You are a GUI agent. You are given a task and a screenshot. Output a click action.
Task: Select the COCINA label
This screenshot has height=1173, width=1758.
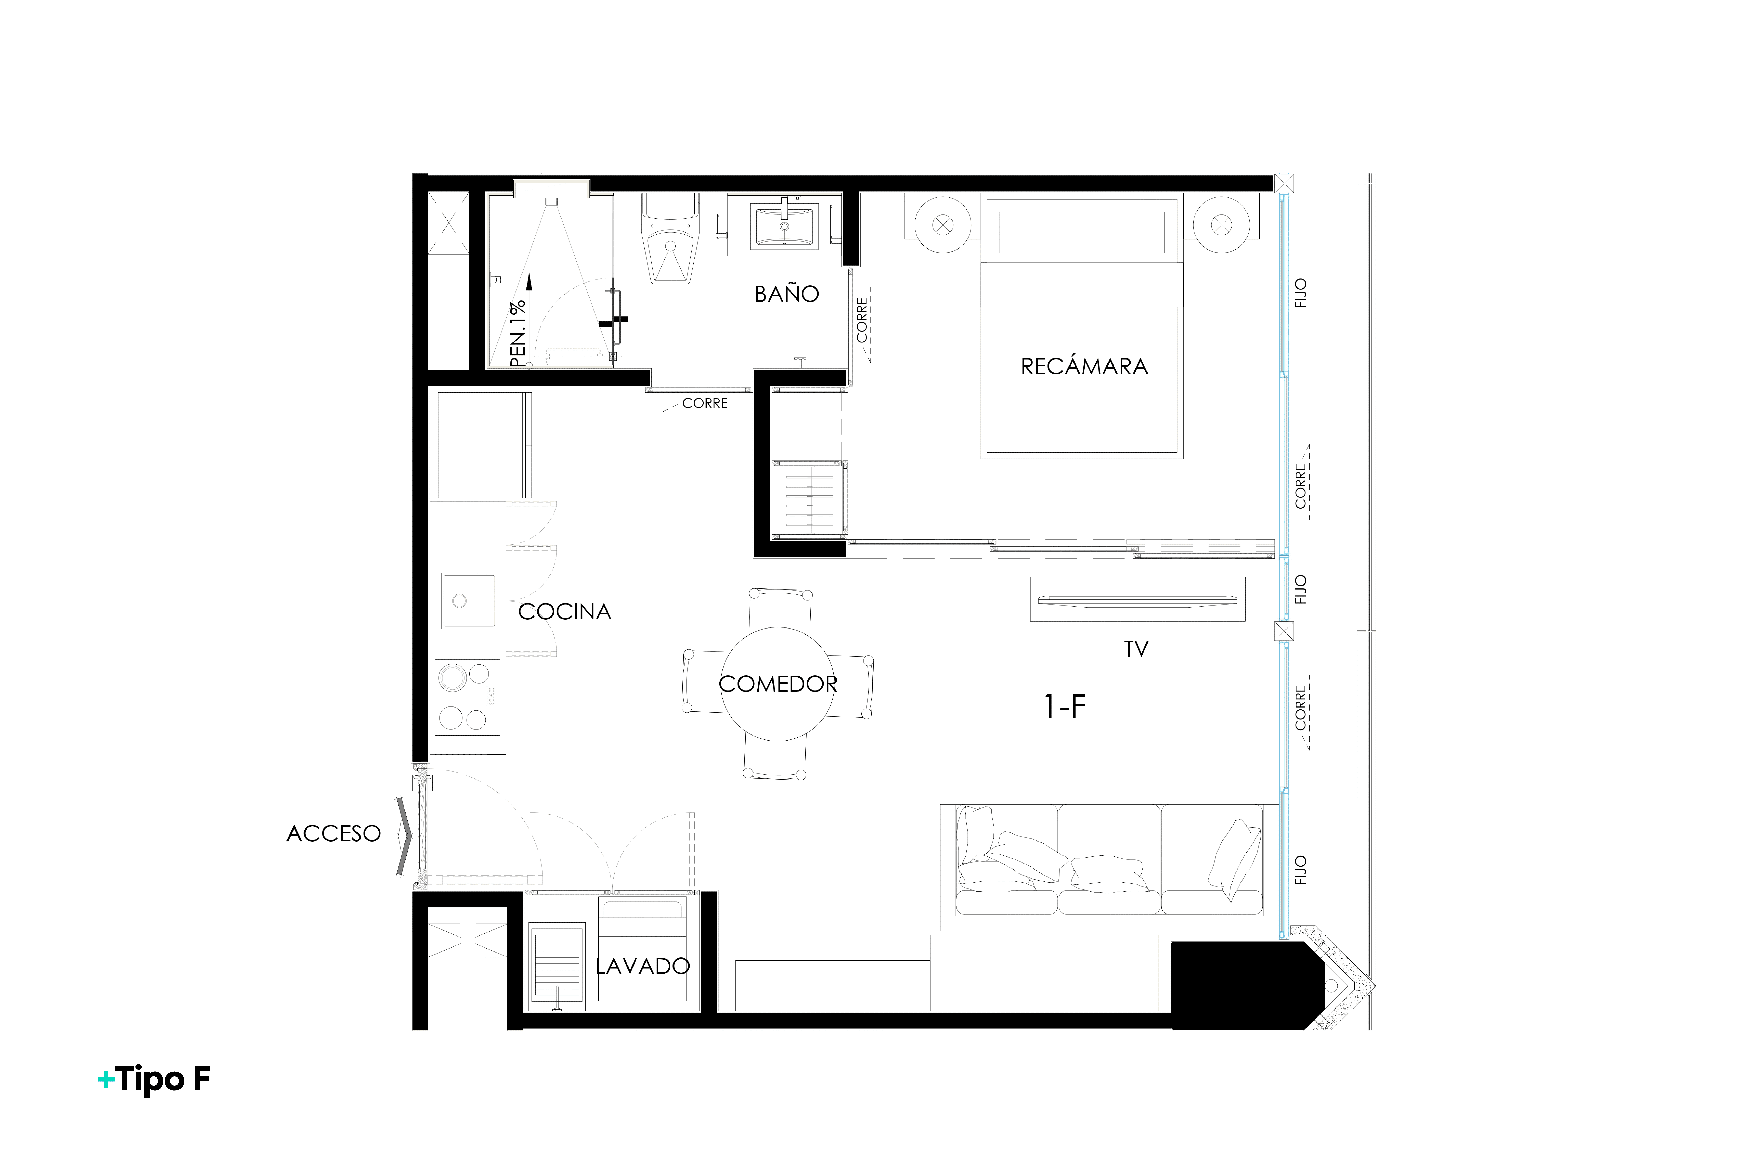point(565,612)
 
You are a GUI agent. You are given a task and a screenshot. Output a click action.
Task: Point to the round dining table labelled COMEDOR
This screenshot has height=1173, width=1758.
point(778,684)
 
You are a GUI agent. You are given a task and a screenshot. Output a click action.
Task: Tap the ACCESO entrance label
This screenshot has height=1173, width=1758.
point(334,833)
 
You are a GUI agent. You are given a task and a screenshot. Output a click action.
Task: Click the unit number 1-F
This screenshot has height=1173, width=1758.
point(1065,706)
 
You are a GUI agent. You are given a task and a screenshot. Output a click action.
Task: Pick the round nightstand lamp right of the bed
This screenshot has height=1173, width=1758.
point(1222,224)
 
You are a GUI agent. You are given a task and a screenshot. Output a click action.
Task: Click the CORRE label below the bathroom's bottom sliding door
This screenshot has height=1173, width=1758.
point(705,403)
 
